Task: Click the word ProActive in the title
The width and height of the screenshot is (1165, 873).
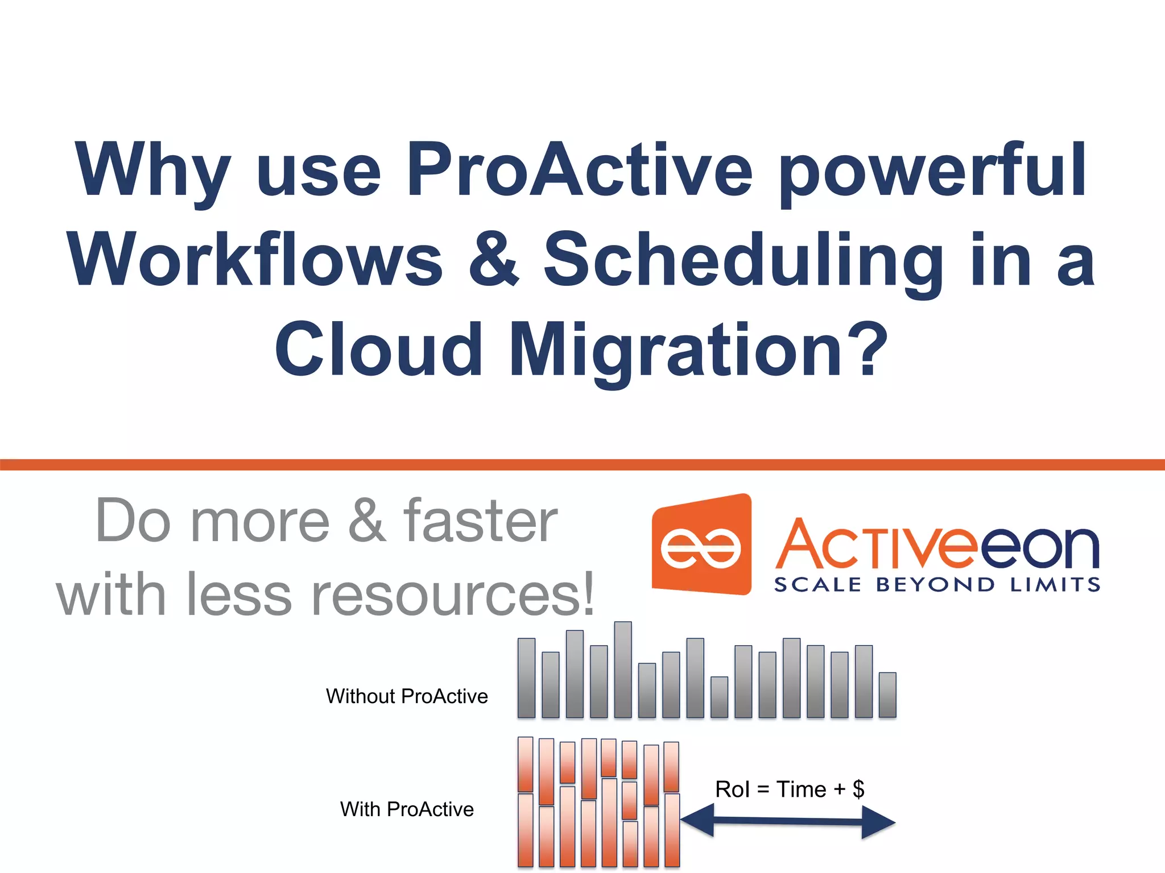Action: coord(579,169)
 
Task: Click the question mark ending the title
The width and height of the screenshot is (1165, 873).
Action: coord(868,348)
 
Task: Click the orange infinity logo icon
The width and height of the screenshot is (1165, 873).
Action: coord(701,546)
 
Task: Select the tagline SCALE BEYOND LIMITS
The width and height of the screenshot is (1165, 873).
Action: coord(937,585)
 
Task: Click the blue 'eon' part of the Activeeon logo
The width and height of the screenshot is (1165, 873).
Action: coord(1040,547)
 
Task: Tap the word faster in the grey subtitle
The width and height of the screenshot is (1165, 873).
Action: coord(480,521)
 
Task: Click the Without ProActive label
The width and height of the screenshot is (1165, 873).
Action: coord(407,696)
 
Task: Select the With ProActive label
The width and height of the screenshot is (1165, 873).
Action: coord(407,809)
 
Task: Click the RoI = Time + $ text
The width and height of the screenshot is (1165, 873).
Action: coord(790,789)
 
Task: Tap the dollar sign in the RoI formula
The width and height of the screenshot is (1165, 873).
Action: coord(858,789)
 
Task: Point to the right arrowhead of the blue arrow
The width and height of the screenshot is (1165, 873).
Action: coord(878,822)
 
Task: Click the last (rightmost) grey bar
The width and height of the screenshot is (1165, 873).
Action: coord(887,695)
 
